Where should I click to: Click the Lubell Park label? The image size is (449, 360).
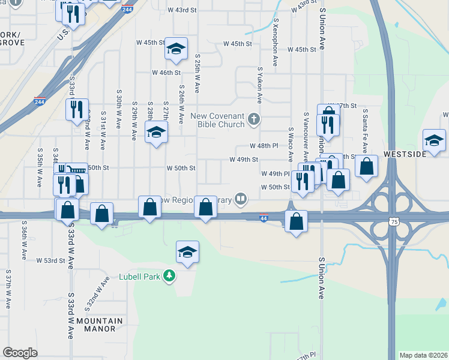[143, 277]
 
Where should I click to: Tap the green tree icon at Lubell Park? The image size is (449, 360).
[170, 276]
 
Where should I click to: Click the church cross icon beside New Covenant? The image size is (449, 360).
[254, 119]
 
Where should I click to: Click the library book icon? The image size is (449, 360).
[241, 198]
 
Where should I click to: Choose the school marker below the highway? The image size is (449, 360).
[187, 253]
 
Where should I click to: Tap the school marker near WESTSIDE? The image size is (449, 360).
[434, 141]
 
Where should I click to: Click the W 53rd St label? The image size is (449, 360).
[50, 261]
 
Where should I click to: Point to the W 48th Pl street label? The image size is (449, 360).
[265, 146]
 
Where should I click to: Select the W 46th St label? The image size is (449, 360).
[166, 73]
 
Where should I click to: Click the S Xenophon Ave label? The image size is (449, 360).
[276, 42]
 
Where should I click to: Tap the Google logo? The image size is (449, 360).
[20, 353]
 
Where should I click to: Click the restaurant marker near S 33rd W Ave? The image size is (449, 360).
[77, 110]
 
